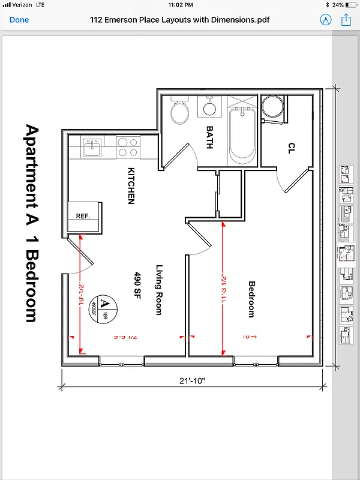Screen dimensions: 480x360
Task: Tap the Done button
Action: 19,20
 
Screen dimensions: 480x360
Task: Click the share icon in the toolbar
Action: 346,20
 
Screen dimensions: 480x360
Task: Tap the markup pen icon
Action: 326,20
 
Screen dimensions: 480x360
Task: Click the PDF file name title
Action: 179,20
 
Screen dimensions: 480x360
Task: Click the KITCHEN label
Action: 131,186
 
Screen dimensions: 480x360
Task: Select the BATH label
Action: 209,137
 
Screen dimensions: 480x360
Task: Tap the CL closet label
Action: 292,148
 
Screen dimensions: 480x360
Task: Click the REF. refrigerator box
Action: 83,216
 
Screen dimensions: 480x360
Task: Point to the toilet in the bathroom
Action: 179,111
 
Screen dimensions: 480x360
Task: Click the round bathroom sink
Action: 209,109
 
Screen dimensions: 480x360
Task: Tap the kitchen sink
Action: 92,147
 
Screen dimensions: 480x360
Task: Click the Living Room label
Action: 159,290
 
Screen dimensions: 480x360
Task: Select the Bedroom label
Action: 251,299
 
